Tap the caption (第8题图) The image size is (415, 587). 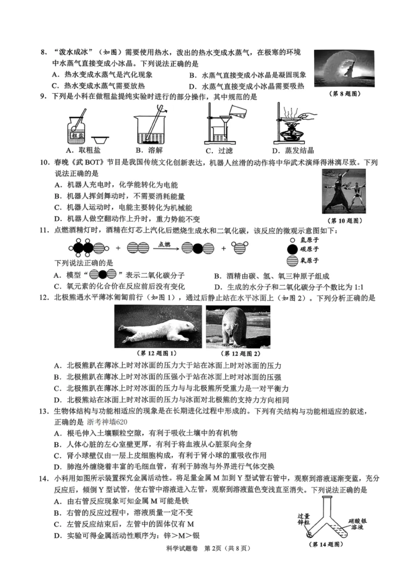[345, 93]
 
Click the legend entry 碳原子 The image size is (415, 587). [304, 249]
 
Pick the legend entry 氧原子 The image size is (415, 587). [304, 261]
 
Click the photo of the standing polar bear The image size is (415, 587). [238, 326]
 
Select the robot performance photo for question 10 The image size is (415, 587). [344, 191]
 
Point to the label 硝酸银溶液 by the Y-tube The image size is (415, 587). [357, 524]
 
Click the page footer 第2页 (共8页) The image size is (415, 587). [227, 548]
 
